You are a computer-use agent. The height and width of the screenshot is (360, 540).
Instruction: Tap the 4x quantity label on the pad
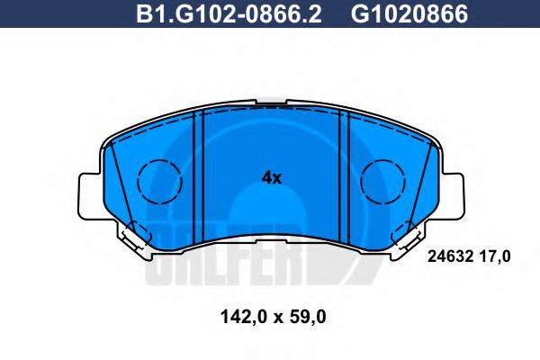(271, 178)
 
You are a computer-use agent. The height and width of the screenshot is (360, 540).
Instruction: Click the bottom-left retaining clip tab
(132, 236)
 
